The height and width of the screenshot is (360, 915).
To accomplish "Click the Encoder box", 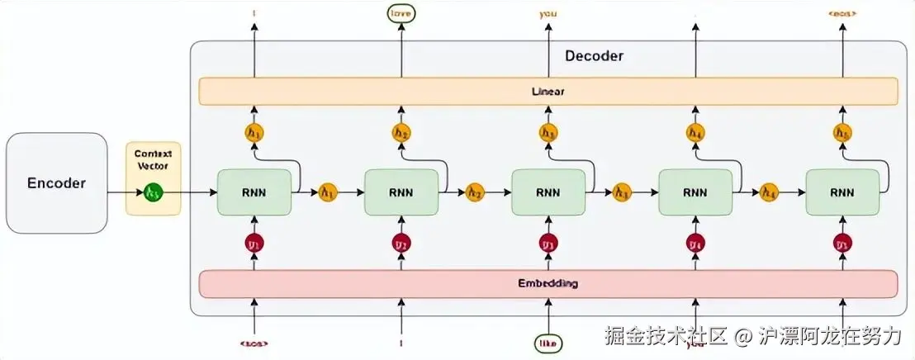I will (x=56, y=182).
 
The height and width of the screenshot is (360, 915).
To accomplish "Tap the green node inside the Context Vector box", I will (x=153, y=192).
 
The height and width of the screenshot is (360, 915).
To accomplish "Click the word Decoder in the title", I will (x=594, y=56).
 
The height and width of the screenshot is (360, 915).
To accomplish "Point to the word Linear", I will (x=548, y=91).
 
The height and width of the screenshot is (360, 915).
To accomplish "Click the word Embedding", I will (x=548, y=283).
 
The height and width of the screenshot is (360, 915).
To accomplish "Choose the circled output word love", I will (x=401, y=13).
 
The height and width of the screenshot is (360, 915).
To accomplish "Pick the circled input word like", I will (x=548, y=341).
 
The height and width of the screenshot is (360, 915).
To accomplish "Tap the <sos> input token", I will (x=254, y=341).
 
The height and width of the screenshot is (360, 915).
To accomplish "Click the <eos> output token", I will (x=842, y=13).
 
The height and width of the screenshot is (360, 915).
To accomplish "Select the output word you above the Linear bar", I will (x=548, y=13).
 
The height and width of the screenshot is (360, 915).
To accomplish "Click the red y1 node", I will (x=254, y=244).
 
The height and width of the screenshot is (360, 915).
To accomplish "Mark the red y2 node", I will (x=401, y=244).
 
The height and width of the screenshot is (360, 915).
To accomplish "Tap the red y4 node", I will (x=695, y=244).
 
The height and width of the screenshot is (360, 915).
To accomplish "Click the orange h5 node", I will (x=842, y=132).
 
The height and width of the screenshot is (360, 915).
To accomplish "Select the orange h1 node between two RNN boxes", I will (x=328, y=192).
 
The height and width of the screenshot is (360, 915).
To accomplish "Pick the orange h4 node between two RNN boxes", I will (x=769, y=192).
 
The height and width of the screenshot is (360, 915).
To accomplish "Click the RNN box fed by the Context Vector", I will (x=254, y=192).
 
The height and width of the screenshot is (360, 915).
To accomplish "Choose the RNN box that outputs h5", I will (x=842, y=192).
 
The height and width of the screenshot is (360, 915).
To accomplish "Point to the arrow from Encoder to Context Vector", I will (x=116, y=192).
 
